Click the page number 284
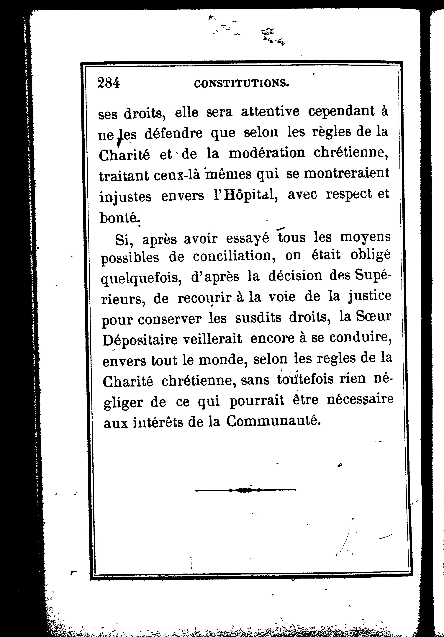click(x=109, y=83)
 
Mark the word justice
click(x=369, y=297)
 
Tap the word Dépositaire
click(x=140, y=340)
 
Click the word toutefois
click(x=305, y=379)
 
